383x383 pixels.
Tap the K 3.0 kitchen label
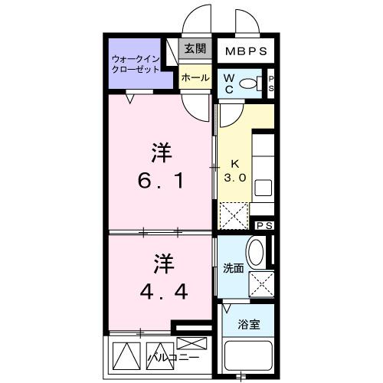(x=234, y=170)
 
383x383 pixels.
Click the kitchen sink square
(x=263, y=188)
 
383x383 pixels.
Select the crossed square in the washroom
(x=261, y=284)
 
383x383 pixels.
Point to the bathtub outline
(x=248, y=358)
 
